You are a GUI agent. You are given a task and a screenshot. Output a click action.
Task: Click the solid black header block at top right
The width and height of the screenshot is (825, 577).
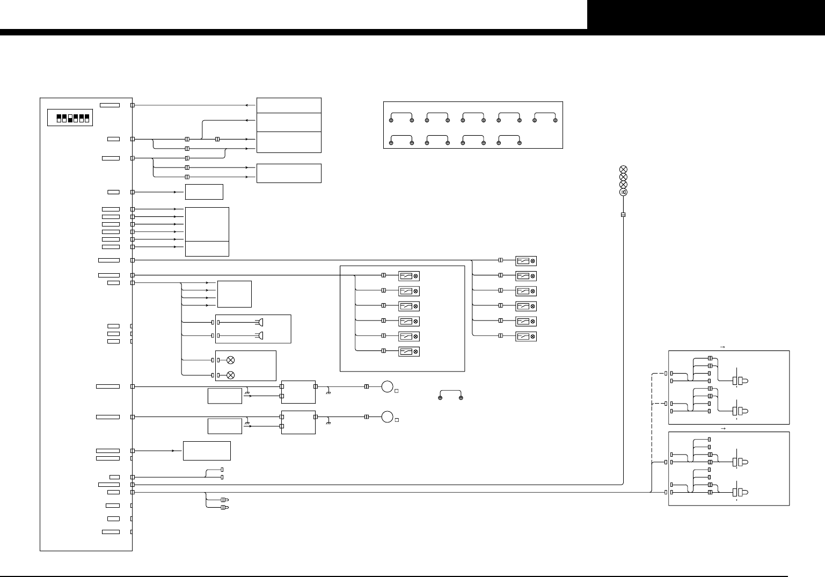(706, 14)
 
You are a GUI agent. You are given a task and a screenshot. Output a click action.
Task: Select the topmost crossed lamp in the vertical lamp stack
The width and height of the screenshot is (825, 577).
(623, 170)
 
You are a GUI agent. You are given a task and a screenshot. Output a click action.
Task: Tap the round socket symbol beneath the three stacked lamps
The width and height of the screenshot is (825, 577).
(623, 192)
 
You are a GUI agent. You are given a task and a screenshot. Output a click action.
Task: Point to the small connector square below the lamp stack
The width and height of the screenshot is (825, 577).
(623, 215)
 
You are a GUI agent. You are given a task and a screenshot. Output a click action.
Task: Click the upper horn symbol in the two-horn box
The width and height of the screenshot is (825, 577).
(261, 322)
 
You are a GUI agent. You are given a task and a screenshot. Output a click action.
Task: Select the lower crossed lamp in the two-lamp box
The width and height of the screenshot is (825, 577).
(231, 374)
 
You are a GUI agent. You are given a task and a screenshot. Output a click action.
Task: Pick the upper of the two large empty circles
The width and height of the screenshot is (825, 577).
(388, 386)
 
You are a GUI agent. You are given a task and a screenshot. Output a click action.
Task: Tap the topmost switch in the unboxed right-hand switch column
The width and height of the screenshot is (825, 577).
(525, 261)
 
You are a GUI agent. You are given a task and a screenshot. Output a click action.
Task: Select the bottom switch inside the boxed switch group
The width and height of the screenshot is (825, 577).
(408, 352)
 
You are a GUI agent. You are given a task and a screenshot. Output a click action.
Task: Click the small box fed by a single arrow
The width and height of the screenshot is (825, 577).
(204, 192)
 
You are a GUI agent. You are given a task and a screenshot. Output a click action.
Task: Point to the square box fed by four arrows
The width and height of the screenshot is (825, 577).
(234, 294)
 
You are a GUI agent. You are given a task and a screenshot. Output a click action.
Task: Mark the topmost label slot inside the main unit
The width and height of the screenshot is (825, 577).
(110, 105)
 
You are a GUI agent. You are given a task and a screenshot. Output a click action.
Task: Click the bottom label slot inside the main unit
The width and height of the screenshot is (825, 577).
(111, 532)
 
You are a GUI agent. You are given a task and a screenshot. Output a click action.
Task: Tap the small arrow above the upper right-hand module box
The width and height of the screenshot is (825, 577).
(722, 347)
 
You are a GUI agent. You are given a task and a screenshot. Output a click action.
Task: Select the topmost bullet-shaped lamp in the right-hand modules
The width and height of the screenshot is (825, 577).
(743, 380)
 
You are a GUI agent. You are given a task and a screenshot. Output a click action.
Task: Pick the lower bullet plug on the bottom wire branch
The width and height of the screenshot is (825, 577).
(224, 507)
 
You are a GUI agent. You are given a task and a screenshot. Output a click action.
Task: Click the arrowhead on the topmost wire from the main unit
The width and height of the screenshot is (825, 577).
(246, 105)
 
